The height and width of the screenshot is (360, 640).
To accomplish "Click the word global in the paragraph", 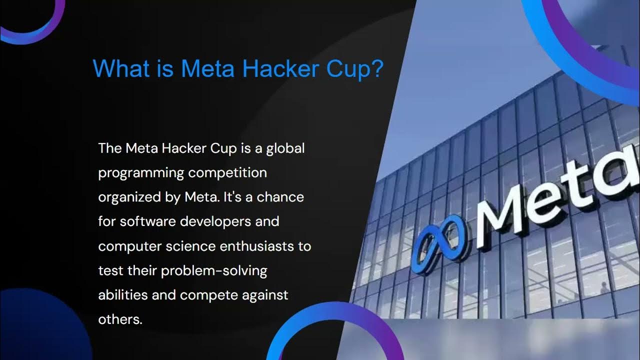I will tap(285, 148).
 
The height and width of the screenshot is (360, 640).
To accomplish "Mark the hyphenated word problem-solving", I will tap(214, 271).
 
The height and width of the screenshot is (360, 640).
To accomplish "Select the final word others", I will tap(120, 319).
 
